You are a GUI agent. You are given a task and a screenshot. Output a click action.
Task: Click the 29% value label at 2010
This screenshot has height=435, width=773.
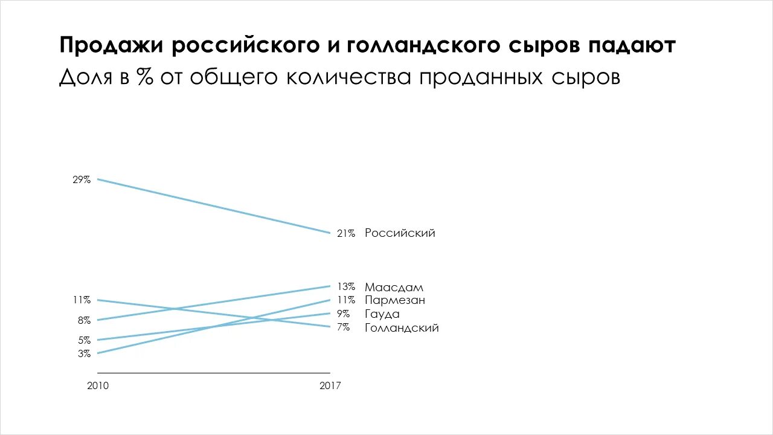82,179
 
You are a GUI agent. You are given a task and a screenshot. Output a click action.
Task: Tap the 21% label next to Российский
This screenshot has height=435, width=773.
346,233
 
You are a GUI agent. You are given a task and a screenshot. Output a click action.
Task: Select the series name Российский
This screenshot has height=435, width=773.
400,233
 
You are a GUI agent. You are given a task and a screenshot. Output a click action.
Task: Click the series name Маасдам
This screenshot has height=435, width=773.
394,287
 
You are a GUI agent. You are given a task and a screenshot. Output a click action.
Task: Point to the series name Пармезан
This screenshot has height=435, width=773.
395,300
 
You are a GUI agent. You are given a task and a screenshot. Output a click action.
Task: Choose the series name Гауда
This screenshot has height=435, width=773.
382,314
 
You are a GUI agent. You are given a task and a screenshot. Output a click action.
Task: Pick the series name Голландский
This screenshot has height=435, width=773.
402,328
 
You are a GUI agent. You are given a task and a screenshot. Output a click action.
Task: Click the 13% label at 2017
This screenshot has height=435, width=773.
346,286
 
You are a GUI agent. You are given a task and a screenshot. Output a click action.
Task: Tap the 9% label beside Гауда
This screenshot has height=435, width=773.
343,314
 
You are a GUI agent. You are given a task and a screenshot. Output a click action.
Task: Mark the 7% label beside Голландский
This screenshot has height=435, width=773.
343,327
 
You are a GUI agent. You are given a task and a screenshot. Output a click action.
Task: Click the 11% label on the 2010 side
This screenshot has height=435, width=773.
82,300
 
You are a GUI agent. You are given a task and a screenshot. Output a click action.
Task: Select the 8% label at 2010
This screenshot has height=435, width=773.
84,320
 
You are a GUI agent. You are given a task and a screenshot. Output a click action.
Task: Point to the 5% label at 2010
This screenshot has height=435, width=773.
84,340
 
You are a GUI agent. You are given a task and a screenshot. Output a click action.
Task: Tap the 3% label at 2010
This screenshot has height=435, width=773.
84,353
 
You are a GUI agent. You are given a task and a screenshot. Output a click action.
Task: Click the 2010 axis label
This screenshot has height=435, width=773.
98,385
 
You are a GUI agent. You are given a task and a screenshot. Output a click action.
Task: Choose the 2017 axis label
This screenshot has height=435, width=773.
330,385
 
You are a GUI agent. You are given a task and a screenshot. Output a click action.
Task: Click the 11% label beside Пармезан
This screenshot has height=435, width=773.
346,300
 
